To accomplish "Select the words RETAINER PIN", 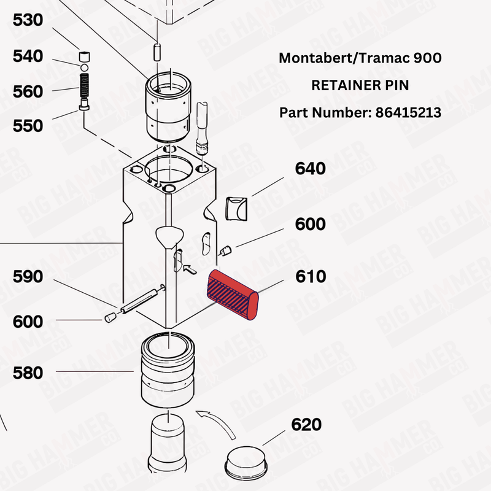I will [360, 86].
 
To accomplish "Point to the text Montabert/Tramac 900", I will [360, 58].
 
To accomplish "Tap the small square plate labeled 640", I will [236, 209].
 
